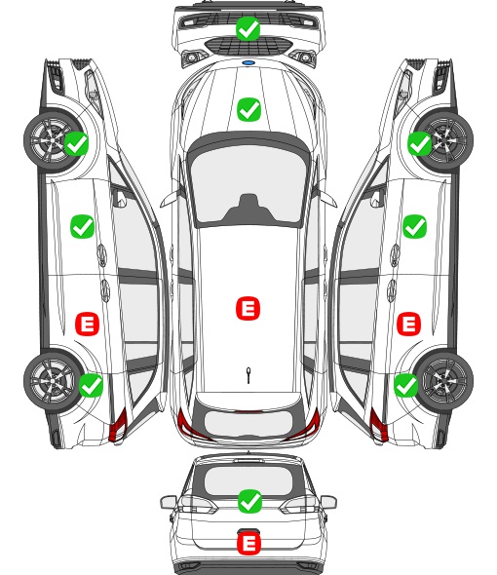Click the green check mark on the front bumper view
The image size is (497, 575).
click(248, 28)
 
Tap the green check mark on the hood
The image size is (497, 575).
click(248, 109)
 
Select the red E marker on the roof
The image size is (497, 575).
click(248, 308)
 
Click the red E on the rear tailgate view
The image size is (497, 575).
click(248, 543)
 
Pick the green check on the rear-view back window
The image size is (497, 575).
click(249, 501)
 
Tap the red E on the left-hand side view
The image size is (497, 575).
click(88, 324)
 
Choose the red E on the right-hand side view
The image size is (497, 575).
click(409, 324)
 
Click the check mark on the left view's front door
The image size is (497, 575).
click(82, 226)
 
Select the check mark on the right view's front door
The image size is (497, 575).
click(414, 226)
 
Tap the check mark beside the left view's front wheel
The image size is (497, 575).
click(76, 143)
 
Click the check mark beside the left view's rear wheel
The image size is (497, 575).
click(91, 385)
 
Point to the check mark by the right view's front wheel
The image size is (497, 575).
click(420, 143)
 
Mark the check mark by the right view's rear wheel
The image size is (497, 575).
click(405, 385)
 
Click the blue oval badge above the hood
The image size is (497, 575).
click(248, 63)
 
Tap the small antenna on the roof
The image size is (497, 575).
click(248, 375)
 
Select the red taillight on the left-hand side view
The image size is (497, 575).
click(119, 425)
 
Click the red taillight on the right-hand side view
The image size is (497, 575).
click(378, 425)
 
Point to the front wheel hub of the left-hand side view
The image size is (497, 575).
click(53, 139)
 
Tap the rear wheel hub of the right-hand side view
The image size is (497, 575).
click(445, 380)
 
